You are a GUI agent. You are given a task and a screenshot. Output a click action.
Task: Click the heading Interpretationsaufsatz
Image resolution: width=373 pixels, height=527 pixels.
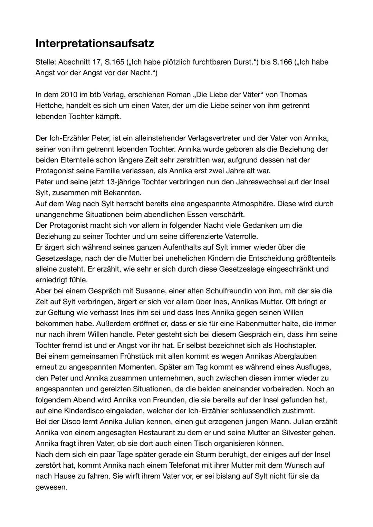[95, 43]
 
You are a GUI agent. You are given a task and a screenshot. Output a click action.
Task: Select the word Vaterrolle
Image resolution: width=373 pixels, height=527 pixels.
[239, 236]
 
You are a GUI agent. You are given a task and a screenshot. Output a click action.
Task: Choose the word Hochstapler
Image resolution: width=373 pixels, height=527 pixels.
[295, 345]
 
